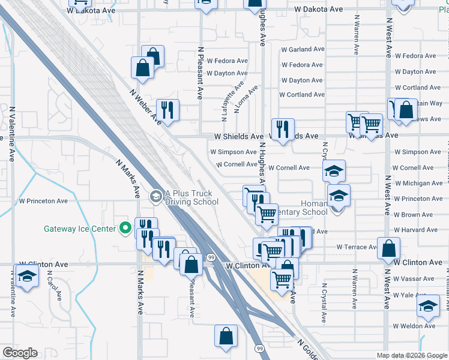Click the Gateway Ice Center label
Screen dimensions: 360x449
pyautogui.click(x=81, y=229)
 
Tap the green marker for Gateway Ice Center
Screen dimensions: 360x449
pyautogui.click(x=125, y=228)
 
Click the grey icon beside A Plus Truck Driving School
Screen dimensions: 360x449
pyautogui.click(x=155, y=196)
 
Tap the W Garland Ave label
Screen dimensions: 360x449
pyautogui.click(x=303, y=49)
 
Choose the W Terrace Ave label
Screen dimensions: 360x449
pyautogui.click(x=355, y=247)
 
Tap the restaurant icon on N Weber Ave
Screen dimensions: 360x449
pyautogui.click(x=167, y=110)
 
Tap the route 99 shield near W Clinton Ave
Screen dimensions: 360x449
pyautogui.click(x=211, y=257)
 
